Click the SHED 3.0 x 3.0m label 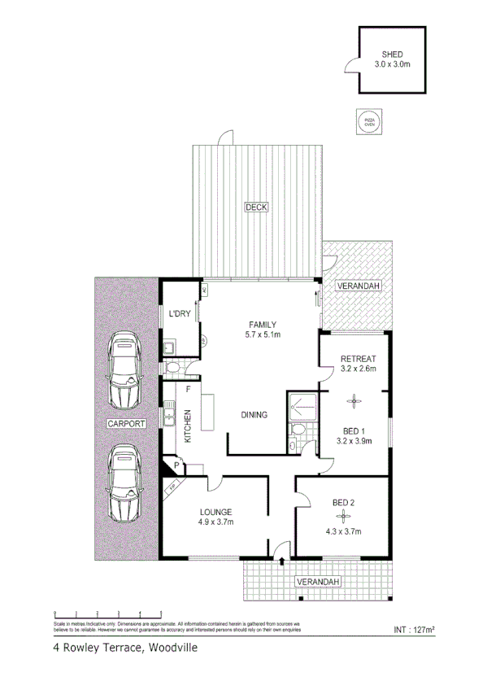pos(391,58)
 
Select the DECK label pos(256,208)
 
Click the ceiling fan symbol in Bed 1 pos(354,400)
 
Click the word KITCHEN pos(188,426)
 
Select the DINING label pos(254,416)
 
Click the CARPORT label pos(125,425)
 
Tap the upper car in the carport pos(125,370)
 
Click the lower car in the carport pos(124,482)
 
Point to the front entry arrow pos(281,560)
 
